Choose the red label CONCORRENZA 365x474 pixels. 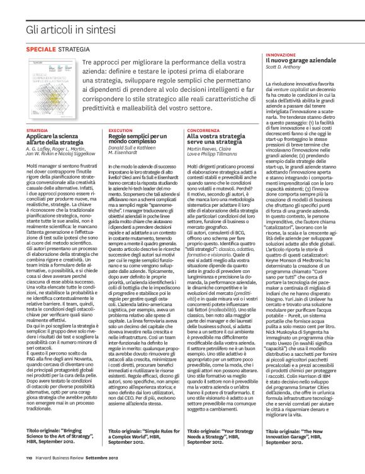click(x=203, y=131)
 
